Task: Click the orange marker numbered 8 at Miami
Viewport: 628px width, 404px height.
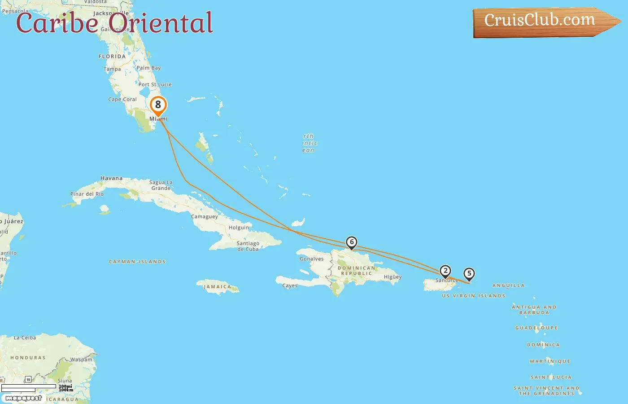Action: (x=158, y=105)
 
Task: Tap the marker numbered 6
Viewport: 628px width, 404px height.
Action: (x=352, y=243)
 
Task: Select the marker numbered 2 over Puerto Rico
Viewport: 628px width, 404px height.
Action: (x=445, y=271)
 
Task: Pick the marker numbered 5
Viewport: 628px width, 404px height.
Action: (x=469, y=274)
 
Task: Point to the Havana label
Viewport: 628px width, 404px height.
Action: (x=111, y=178)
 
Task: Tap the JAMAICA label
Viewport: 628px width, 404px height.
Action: (x=218, y=287)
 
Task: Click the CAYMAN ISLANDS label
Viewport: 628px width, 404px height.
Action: (x=137, y=262)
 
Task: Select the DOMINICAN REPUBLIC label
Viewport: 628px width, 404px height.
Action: (x=357, y=271)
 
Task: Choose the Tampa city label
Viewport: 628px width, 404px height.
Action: (x=112, y=69)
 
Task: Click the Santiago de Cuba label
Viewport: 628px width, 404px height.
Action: (x=248, y=246)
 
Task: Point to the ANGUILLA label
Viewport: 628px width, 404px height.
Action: (x=508, y=285)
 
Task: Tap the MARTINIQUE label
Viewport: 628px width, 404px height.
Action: (x=550, y=361)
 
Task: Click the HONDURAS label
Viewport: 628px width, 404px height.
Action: (x=28, y=358)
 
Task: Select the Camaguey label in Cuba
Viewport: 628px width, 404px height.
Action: (x=205, y=216)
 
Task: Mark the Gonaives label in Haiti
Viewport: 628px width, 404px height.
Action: (x=311, y=259)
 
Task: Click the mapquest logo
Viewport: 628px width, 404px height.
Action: (x=23, y=398)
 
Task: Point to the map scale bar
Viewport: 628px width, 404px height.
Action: (x=29, y=387)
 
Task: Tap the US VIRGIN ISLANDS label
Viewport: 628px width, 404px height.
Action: (x=473, y=296)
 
